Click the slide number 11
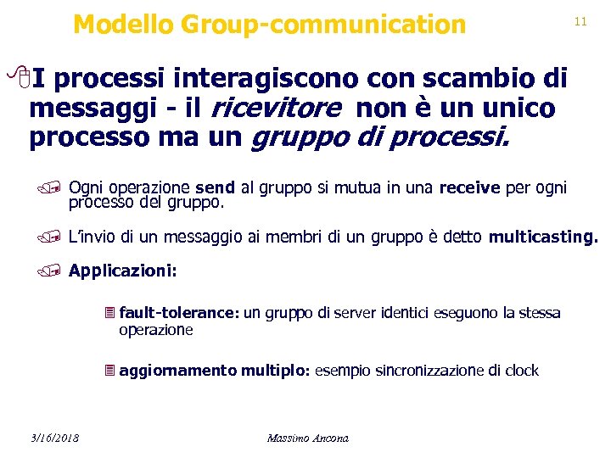580,21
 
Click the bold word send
215,187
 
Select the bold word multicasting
543,237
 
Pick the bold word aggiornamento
178,371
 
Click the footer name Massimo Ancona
307,438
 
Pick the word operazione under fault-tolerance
156,330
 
